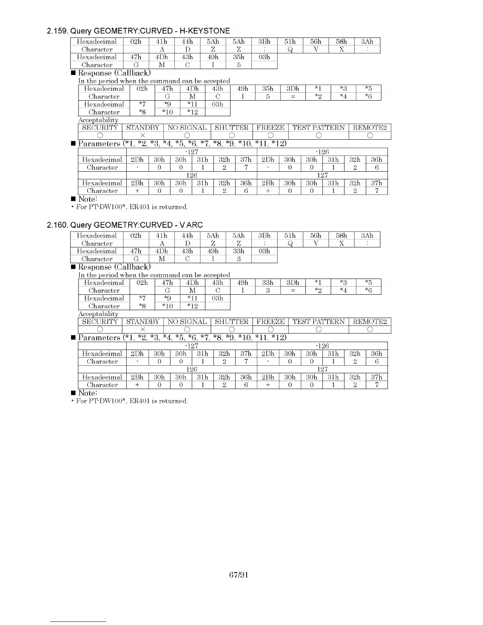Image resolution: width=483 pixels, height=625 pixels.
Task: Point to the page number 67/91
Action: pos(239,575)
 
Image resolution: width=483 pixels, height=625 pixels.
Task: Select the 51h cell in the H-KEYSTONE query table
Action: pos(290,41)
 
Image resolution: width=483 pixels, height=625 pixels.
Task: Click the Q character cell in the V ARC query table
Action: pos(290,243)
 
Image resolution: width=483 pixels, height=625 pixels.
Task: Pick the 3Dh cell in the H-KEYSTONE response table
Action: pos(293,89)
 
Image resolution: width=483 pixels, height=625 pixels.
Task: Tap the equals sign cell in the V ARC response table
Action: pos(293,290)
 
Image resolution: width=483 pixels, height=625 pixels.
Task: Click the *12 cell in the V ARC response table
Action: pos(193,306)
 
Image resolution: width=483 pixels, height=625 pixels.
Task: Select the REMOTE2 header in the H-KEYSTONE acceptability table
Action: pos(370,127)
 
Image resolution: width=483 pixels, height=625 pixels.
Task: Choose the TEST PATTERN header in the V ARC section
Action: pos(318,322)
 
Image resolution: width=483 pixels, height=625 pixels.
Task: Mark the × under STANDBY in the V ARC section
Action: pos(143,329)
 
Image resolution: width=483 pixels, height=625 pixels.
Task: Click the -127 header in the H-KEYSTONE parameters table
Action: pos(191,152)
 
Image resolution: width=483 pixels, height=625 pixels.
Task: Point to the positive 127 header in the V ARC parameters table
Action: pos(322,369)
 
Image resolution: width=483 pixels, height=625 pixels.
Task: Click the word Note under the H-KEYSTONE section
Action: pos(87,199)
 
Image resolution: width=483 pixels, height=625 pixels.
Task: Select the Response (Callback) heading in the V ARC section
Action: pos(114,267)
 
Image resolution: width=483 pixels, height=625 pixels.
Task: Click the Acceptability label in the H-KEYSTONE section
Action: pos(98,120)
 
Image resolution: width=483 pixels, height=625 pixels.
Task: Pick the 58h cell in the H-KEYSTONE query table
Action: pos(341,41)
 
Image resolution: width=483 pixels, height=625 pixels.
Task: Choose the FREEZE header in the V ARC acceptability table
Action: pos(270,322)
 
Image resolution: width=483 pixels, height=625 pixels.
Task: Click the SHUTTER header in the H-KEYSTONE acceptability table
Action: pos(232,127)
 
